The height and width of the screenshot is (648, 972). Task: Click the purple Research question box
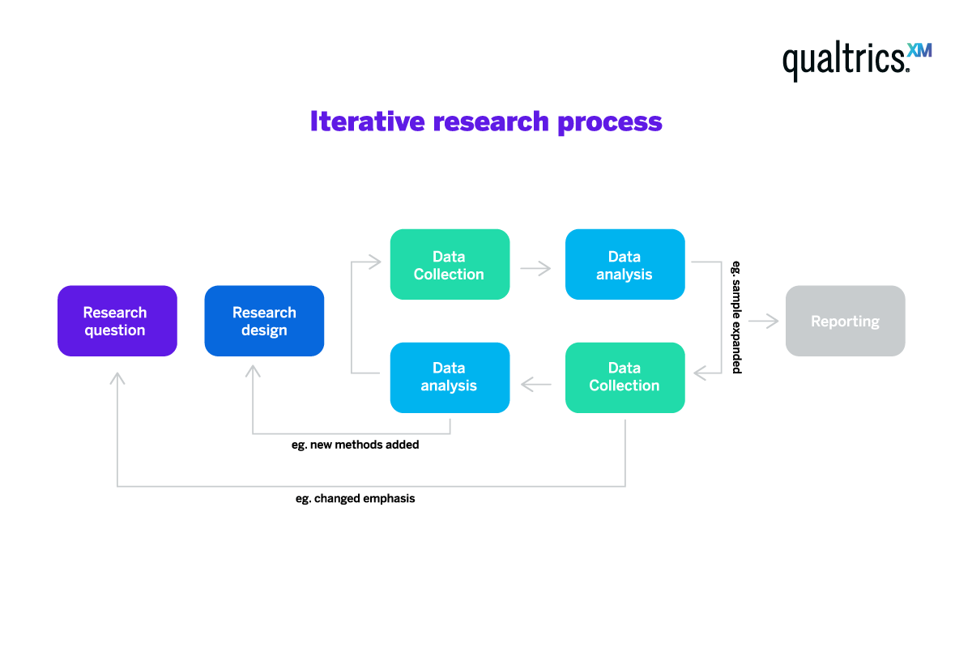(117, 321)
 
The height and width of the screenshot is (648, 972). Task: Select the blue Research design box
(264, 321)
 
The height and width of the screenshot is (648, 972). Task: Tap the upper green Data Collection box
(450, 265)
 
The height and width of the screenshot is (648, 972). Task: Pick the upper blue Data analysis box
(625, 265)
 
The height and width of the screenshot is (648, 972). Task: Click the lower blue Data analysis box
(450, 377)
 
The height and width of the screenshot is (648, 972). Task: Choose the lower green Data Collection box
(625, 377)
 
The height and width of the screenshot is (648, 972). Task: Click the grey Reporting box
(845, 321)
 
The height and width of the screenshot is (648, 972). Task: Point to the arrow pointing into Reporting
(763, 322)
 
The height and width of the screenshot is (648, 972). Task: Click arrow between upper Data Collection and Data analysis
(535, 267)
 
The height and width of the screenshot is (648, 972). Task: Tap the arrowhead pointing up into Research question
(117, 377)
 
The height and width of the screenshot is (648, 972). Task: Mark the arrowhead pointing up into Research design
(253, 371)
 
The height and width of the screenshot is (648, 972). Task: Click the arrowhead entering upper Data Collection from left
(374, 262)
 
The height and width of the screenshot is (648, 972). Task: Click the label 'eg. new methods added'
(356, 445)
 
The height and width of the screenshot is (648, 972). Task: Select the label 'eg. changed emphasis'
(356, 499)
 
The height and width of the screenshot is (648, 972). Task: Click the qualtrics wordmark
(842, 60)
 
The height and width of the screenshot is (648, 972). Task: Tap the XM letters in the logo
(919, 50)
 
